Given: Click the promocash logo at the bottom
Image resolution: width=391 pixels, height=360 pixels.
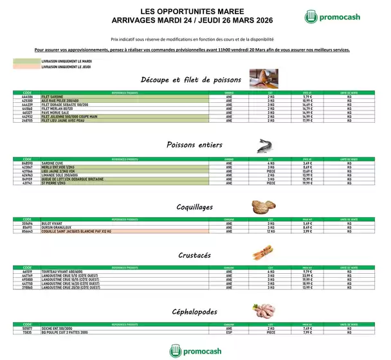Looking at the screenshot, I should tap(195, 350).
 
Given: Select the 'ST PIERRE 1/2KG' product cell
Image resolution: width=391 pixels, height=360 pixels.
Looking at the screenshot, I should tap(55, 184).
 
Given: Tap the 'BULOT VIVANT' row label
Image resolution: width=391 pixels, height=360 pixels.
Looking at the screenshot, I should tap(51, 223).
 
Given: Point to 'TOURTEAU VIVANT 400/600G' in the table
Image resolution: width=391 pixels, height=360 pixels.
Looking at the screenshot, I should tap(64, 272).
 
